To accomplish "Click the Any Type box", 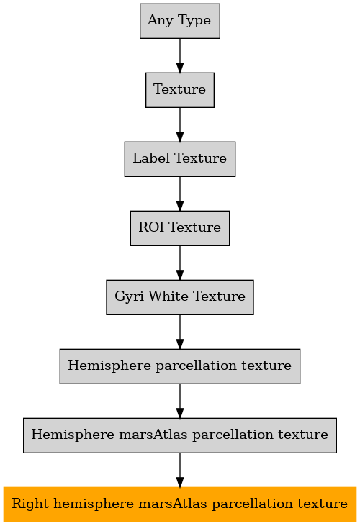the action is (180, 21).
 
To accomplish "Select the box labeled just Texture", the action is (180, 90).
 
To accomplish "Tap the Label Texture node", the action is (180, 159).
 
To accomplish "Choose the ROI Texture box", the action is (180, 228).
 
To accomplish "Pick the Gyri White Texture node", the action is (180, 297).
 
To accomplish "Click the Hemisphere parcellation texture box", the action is (180, 366).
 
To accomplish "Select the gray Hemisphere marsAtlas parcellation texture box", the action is (180, 435).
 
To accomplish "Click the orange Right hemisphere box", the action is (180, 504).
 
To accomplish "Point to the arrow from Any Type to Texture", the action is (180, 55).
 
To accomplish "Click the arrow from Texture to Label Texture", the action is (180, 124).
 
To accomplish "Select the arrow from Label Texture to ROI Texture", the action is (180, 194).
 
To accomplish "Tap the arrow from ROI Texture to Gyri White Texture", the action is (180, 263).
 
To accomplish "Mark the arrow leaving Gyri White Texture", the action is (180, 332).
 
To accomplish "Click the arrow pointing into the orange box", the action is (180, 470).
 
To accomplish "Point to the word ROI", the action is (151, 227).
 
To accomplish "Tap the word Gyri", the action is (129, 297).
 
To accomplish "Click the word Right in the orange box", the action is (30, 504).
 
